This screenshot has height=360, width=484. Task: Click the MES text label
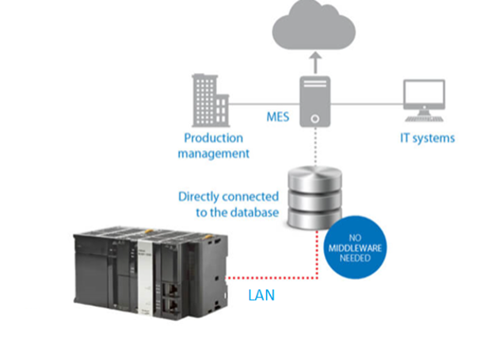tap(279, 117)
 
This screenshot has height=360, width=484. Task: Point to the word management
tap(213, 153)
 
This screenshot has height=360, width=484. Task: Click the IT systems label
tap(428, 137)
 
